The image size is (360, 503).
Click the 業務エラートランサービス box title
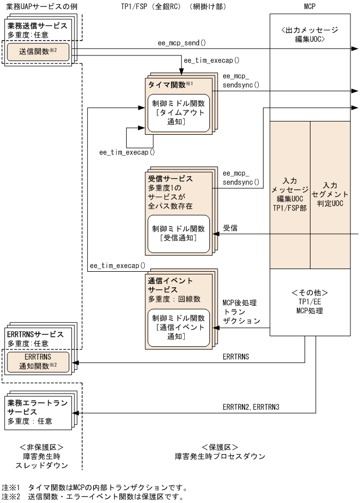pos(37,407)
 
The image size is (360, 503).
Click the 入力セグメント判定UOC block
pos(330,194)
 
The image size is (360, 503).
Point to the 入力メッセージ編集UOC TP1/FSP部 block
pos(290,194)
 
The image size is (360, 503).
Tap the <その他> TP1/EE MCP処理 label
pos(310,301)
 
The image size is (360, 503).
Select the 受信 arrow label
pos(230,228)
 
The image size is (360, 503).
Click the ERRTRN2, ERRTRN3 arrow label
pos(251,407)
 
